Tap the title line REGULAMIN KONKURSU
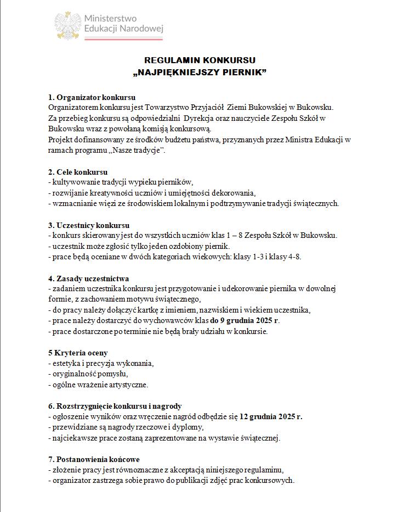click(x=200, y=60)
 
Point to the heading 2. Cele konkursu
click(x=78, y=172)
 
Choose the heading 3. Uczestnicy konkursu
click(x=89, y=225)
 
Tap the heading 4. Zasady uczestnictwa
click(x=89, y=279)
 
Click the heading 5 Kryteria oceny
click(x=78, y=352)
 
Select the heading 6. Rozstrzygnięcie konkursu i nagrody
click(x=115, y=406)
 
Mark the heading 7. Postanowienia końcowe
click(x=94, y=459)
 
